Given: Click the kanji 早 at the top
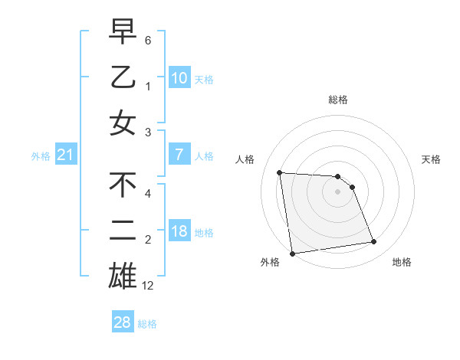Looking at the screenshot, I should [123, 31].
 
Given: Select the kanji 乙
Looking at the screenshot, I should [123, 77].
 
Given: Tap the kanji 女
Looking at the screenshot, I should [123, 123].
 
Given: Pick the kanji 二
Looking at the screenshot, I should [123, 231].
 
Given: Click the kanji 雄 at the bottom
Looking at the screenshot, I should [123, 277].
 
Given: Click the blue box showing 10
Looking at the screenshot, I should [179, 77].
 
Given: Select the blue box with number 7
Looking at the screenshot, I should [179, 155].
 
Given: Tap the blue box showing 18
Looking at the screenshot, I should [179, 231].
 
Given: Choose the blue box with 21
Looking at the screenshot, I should [66, 155].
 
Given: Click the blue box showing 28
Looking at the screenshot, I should [123, 322].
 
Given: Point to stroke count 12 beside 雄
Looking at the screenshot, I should [148, 286].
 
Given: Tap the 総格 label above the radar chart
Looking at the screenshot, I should [338, 100].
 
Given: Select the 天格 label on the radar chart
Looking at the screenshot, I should [432, 159].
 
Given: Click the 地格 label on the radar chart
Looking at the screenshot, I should [402, 262].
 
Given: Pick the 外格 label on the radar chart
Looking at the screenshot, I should [270, 262].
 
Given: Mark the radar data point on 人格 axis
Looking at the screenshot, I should [280, 172].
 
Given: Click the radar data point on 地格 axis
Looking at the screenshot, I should [373, 242].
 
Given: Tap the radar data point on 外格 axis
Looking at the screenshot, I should [292, 254].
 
